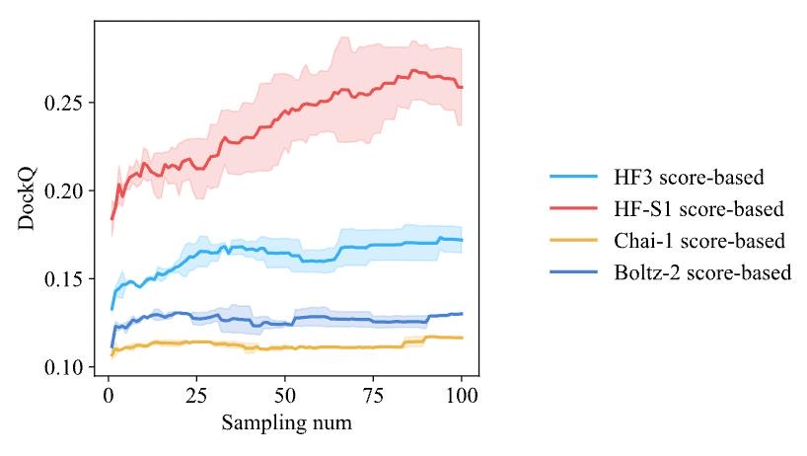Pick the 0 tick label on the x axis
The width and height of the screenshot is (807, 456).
109,397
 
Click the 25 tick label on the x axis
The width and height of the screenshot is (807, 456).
196,397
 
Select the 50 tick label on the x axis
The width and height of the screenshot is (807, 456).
285,397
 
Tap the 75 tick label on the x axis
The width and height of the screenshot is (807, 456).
373,397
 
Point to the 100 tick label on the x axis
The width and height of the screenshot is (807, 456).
462,397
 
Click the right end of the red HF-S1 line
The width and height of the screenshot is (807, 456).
462,87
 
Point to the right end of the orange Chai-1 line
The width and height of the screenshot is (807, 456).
462,338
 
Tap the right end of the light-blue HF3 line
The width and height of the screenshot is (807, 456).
462,240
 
